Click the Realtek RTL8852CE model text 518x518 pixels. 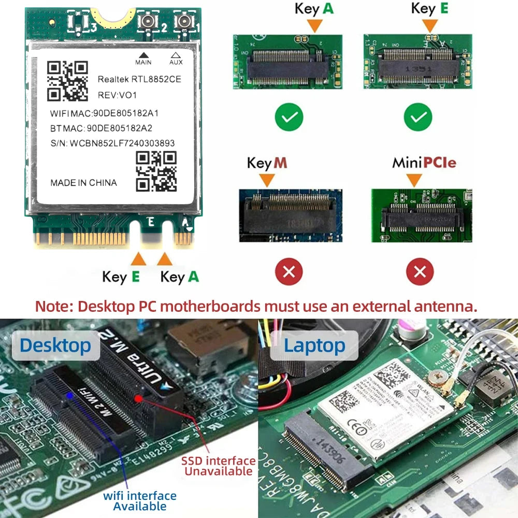click(x=139, y=79)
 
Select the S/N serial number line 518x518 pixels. click(x=112, y=143)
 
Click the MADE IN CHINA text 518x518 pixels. click(x=83, y=182)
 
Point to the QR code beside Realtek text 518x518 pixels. click(x=67, y=81)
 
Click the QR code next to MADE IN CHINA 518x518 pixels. click(x=156, y=171)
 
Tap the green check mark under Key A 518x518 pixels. click(x=290, y=118)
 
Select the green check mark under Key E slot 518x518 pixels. click(x=418, y=118)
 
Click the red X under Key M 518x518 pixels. click(x=290, y=271)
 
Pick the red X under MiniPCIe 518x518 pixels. click(x=420, y=271)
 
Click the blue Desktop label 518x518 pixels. click(x=55, y=345)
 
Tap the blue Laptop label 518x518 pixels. click(x=314, y=346)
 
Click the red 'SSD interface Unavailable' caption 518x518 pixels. click(x=218, y=466)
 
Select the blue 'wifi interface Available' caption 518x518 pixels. click(x=140, y=501)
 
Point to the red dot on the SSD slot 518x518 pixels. click(x=138, y=398)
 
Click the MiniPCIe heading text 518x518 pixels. click(x=424, y=163)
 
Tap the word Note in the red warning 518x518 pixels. click(x=54, y=306)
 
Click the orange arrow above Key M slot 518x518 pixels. click(x=267, y=180)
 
